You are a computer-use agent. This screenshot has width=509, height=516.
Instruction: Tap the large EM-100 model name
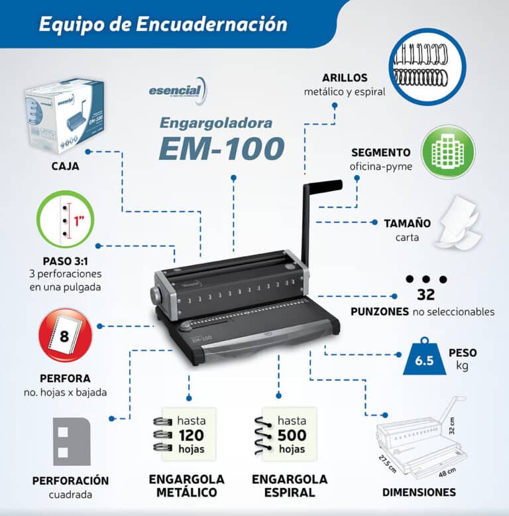(x=221, y=149)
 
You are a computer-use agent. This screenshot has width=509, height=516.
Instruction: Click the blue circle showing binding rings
(x=427, y=66)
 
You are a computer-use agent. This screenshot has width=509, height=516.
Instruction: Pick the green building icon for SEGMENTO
(x=449, y=152)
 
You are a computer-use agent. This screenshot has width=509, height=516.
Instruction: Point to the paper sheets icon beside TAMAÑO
(x=460, y=225)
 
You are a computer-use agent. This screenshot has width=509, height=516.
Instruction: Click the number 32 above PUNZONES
(x=426, y=295)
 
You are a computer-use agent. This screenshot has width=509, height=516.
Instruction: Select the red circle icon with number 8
(x=65, y=334)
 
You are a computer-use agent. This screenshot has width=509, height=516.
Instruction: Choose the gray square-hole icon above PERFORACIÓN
(x=71, y=441)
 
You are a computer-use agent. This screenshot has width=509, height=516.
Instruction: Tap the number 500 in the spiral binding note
(x=292, y=435)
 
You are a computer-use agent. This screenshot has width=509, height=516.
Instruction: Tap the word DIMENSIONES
(x=419, y=492)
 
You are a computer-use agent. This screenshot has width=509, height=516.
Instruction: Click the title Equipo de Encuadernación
(x=163, y=25)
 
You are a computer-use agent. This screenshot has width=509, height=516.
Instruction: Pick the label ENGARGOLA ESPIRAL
(x=290, y=485)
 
